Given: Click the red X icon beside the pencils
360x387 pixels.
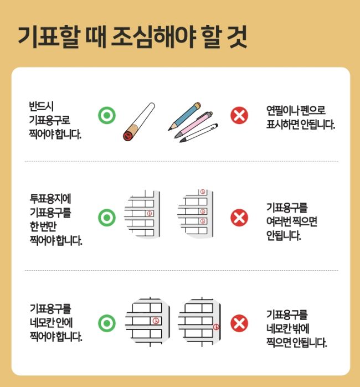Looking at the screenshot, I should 239,115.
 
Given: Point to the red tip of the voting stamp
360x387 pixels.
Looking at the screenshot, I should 128,135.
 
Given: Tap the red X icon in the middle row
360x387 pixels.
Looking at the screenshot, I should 239,217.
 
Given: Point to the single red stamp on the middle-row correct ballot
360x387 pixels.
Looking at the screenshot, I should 148,213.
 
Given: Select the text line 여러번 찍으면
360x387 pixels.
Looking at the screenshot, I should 291,223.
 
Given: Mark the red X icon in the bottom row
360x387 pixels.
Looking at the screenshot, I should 239,322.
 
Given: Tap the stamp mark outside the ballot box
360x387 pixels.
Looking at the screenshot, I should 216,326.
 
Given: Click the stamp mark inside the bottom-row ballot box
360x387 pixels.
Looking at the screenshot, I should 156,320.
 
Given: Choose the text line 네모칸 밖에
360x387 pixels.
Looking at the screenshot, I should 291,328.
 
